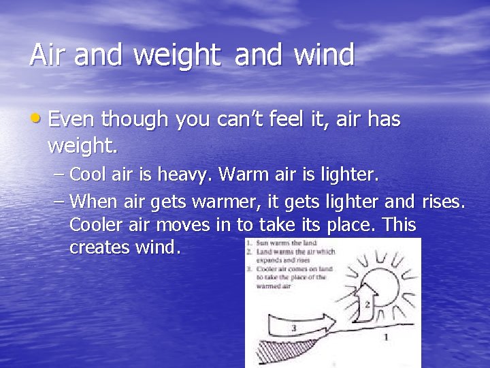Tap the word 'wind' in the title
(x=323, y=55)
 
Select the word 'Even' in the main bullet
(x=73, y=120)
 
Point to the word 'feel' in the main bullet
(x=289, y=120)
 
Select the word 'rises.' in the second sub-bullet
(x=444, y=201)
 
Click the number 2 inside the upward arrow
(x=368, y=305)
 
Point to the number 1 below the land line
(x=387, y=337)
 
